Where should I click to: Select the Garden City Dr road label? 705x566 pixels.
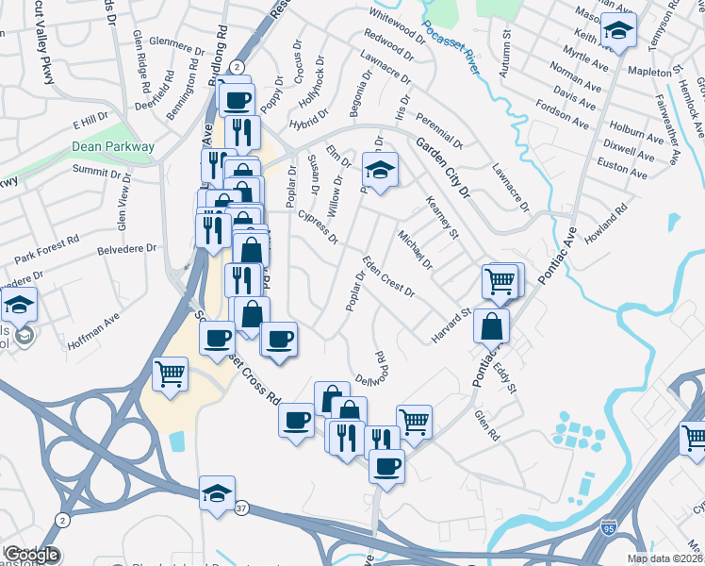441,164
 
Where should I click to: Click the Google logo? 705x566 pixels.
31,555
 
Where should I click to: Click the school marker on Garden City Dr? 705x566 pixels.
381,171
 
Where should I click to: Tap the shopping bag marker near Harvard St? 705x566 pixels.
492,326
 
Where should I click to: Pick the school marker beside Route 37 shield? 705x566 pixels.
218,493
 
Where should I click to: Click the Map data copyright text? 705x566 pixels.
665,558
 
